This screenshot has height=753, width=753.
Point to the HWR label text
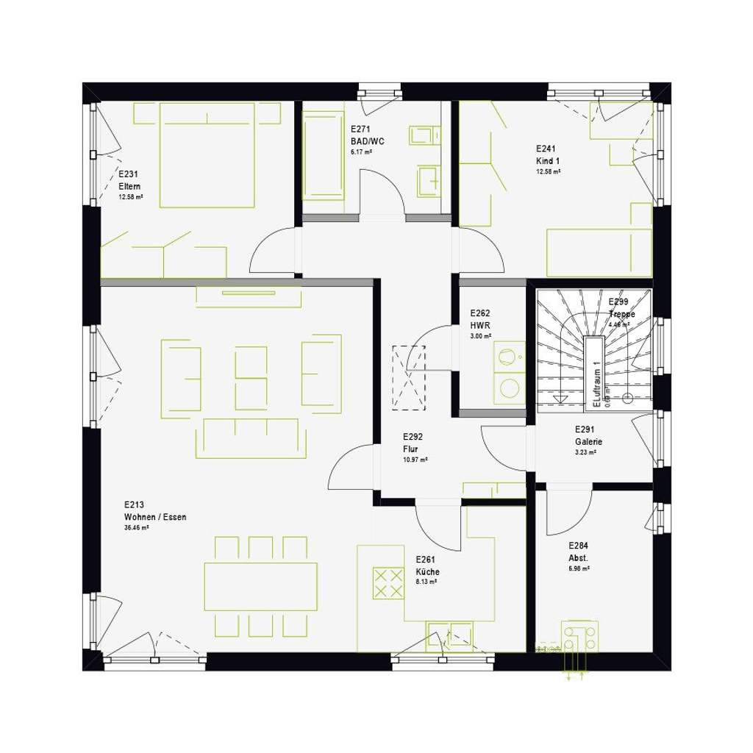(x=479, y=324)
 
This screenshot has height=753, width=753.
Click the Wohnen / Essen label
(x=155, y=517)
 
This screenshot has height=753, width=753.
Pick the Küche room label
(x=427, y=571)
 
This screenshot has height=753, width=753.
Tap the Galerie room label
(x=588, y=442)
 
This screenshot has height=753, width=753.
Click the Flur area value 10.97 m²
(x=415, y=460)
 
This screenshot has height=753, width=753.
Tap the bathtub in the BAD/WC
(x=324, y=154)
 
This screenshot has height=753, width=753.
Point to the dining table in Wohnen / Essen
(x=261, y=586)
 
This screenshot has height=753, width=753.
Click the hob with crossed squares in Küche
(x=388, y=582)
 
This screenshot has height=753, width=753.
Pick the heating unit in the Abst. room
(x=579, y=637)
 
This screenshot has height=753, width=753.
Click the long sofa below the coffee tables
(x=254, y=438)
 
